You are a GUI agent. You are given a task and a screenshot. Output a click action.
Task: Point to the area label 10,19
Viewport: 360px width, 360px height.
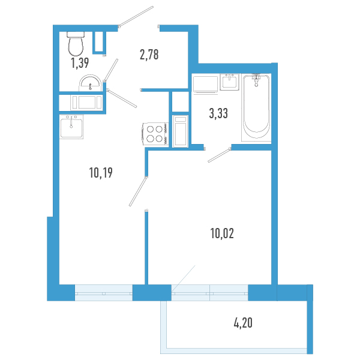(101, 173)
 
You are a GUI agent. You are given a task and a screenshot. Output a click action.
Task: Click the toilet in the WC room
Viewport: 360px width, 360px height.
(76, 44)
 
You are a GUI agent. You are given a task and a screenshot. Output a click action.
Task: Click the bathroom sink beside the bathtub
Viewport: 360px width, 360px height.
(230, 82)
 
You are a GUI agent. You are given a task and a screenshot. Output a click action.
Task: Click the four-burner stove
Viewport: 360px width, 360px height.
(154, 133)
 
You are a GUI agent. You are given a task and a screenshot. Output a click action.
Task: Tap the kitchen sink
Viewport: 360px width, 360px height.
(71, 127)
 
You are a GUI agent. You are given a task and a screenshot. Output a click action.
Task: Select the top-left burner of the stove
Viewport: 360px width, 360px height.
(149, 128)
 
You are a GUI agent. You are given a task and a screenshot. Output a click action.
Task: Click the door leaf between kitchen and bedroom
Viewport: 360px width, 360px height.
(137, 191)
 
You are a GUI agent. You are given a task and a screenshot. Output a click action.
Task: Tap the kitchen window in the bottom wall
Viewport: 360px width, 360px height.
(103, 293)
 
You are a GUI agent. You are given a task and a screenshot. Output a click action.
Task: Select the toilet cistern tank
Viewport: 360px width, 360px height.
(75, 34)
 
